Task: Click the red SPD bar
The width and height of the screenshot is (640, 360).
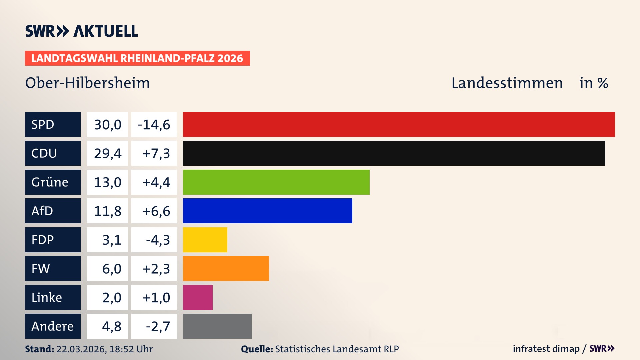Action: [399, 124]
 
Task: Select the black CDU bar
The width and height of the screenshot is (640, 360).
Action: [394, 153]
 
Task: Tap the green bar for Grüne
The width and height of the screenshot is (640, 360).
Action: [276, 182]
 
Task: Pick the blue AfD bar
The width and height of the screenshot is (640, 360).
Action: [267, 211]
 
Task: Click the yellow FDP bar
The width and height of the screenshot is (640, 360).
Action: [205, 240]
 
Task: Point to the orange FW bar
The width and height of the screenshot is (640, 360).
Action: [226, 268]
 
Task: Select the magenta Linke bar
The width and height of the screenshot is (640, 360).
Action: [198, 297]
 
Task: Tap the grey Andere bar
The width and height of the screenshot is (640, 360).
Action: [217, 326]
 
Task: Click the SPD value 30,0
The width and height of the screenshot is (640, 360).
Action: [107, 125]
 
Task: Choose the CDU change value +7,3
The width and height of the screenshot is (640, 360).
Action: [156, 153]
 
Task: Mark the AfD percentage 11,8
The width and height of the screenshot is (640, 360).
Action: [107, 211]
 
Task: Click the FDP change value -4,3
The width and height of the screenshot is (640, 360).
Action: [157, 240]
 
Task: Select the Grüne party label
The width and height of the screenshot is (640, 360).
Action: [50, 182]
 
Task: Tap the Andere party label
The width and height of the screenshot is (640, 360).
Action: [52, 326]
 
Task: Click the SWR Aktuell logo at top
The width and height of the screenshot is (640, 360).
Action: [81, 31]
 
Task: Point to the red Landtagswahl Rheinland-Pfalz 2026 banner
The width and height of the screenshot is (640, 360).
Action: [137, 58]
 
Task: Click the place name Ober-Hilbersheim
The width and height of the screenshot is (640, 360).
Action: [87, 83]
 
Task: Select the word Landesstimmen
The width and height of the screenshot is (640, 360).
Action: [507, 83]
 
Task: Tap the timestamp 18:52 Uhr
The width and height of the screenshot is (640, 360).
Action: [131, 349]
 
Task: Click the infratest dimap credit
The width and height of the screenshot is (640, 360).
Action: [546, 349]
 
